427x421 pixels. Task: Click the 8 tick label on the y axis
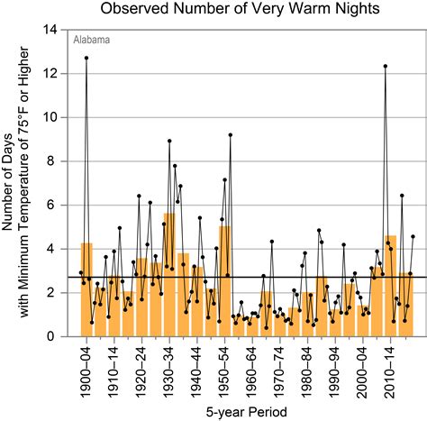pos(56,161)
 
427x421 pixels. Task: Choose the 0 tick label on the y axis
pos(56,336)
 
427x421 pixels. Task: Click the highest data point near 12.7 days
pos(86,58)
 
